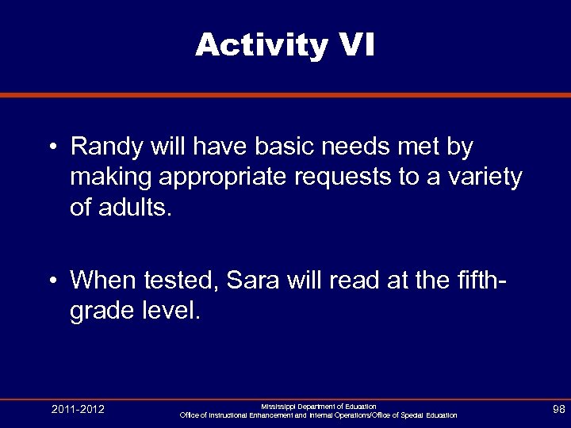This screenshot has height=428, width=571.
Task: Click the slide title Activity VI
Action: pos(285,46)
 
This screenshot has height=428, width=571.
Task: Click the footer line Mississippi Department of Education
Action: pos(319,406)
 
